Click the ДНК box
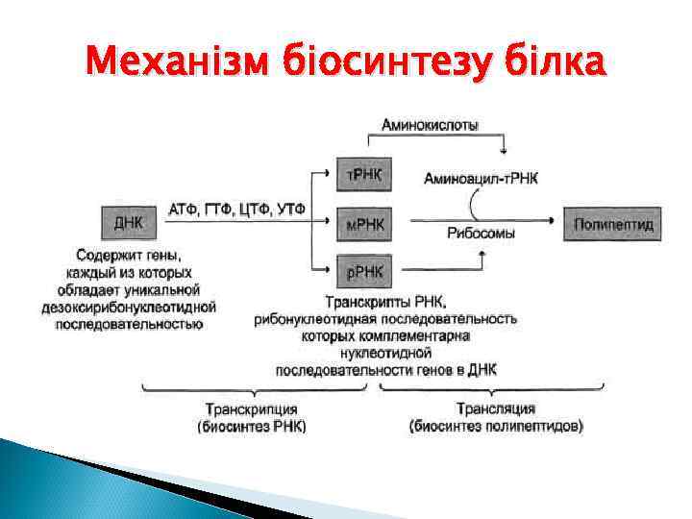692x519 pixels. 129,223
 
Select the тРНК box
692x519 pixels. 363,176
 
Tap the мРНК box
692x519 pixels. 363,225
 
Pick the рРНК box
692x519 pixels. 363,272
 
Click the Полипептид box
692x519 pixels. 613,224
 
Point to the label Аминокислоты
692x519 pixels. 431,125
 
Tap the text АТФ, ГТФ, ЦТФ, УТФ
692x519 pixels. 237,210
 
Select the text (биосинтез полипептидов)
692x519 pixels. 496,426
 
